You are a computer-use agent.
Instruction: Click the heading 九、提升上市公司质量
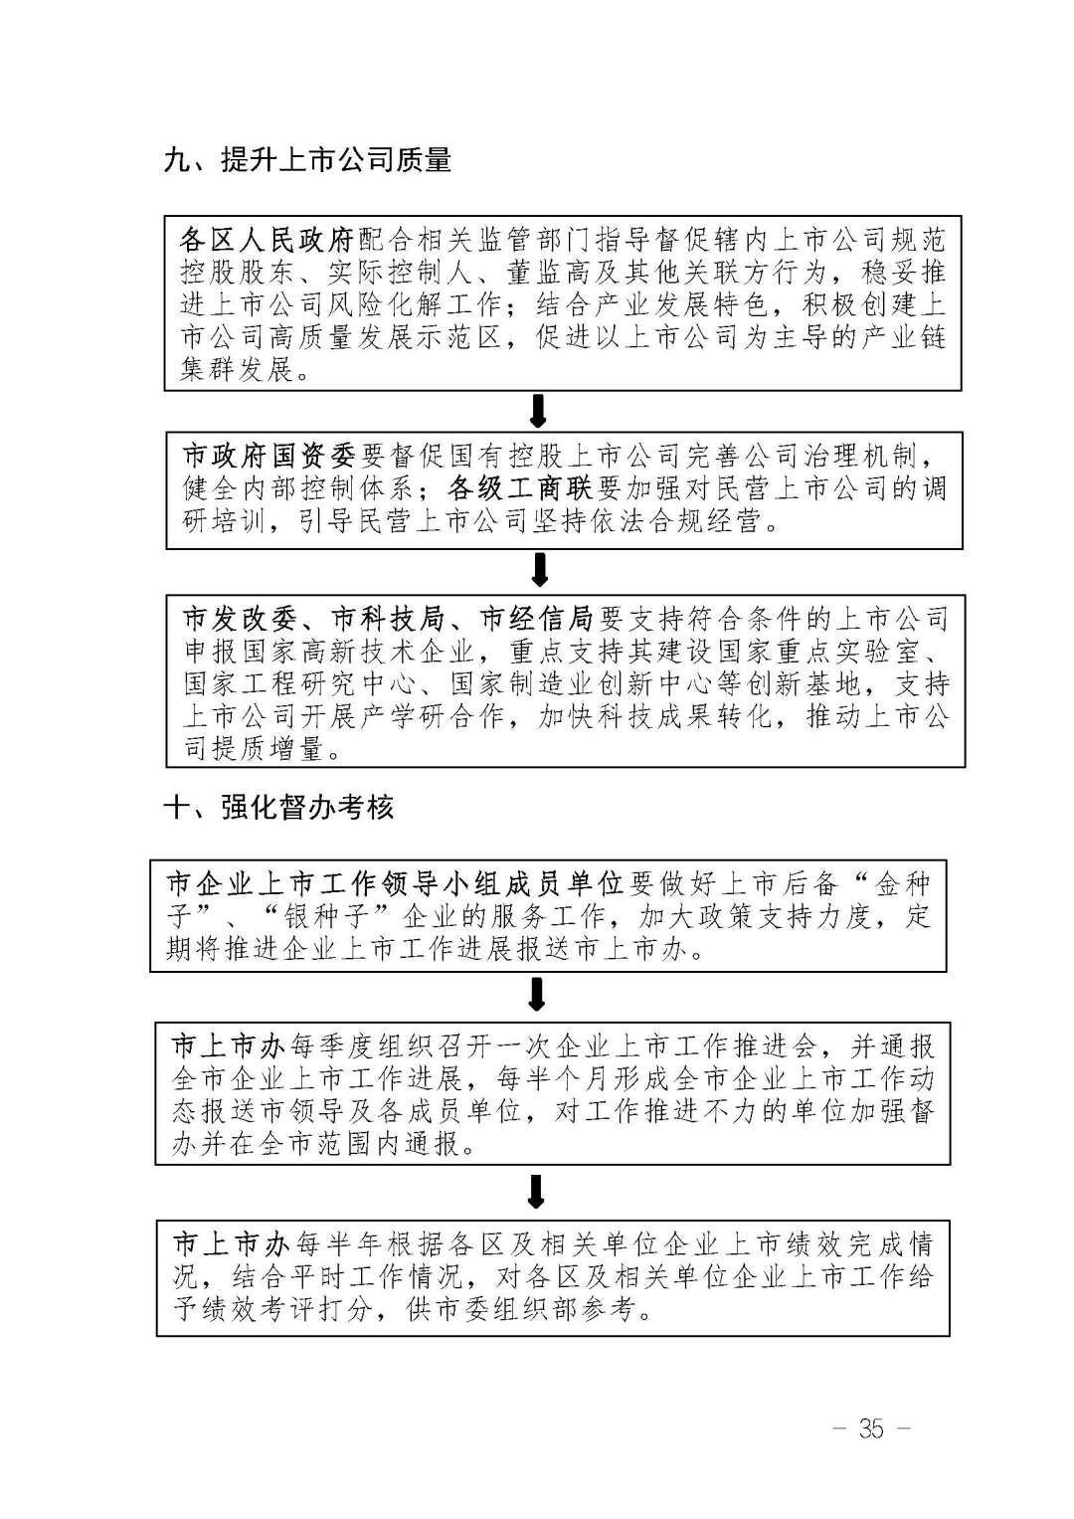(307, 161)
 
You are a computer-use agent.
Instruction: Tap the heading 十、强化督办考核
(278, 808)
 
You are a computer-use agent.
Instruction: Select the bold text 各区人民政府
(268, 240)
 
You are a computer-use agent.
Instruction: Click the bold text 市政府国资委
(269, 456)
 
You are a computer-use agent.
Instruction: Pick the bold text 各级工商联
(520, 488)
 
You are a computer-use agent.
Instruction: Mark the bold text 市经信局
(536, 619)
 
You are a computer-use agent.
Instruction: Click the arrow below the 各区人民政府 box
(538, 411)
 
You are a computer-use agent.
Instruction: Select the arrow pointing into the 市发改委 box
(540, 570)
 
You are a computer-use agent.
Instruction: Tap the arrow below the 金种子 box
(536, 994)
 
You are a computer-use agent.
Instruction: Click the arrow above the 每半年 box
(536, 1192)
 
